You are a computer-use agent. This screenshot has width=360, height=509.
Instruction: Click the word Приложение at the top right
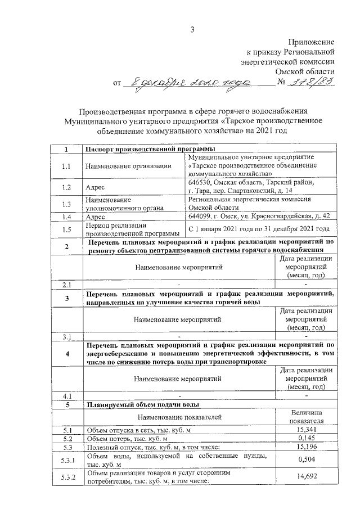coord(312,42)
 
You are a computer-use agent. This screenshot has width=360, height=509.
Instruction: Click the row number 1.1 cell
coord(66,166)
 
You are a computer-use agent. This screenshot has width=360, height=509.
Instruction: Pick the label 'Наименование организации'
coord(128,166)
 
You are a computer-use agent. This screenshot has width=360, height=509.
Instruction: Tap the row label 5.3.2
coord(66,477)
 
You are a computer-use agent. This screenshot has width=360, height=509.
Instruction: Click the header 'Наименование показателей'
coord(179,417)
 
